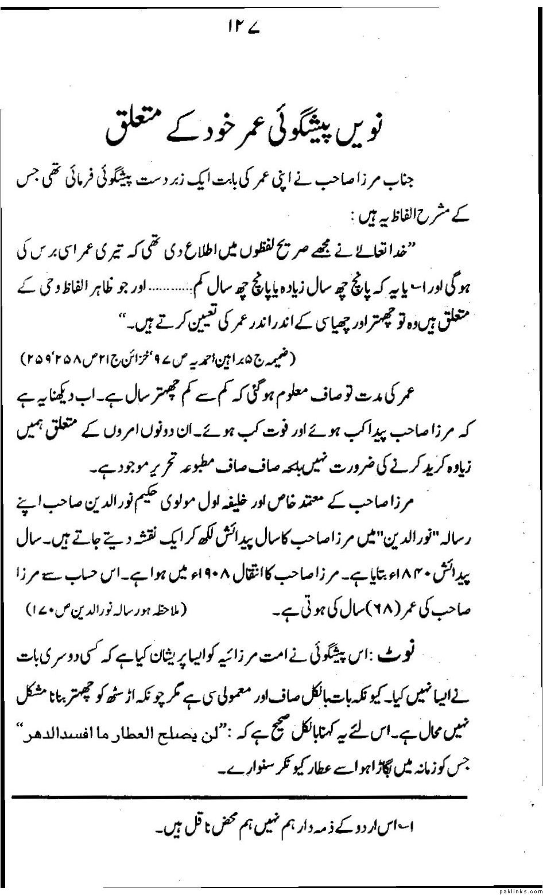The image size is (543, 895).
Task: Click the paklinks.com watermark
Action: coord(521,889)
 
